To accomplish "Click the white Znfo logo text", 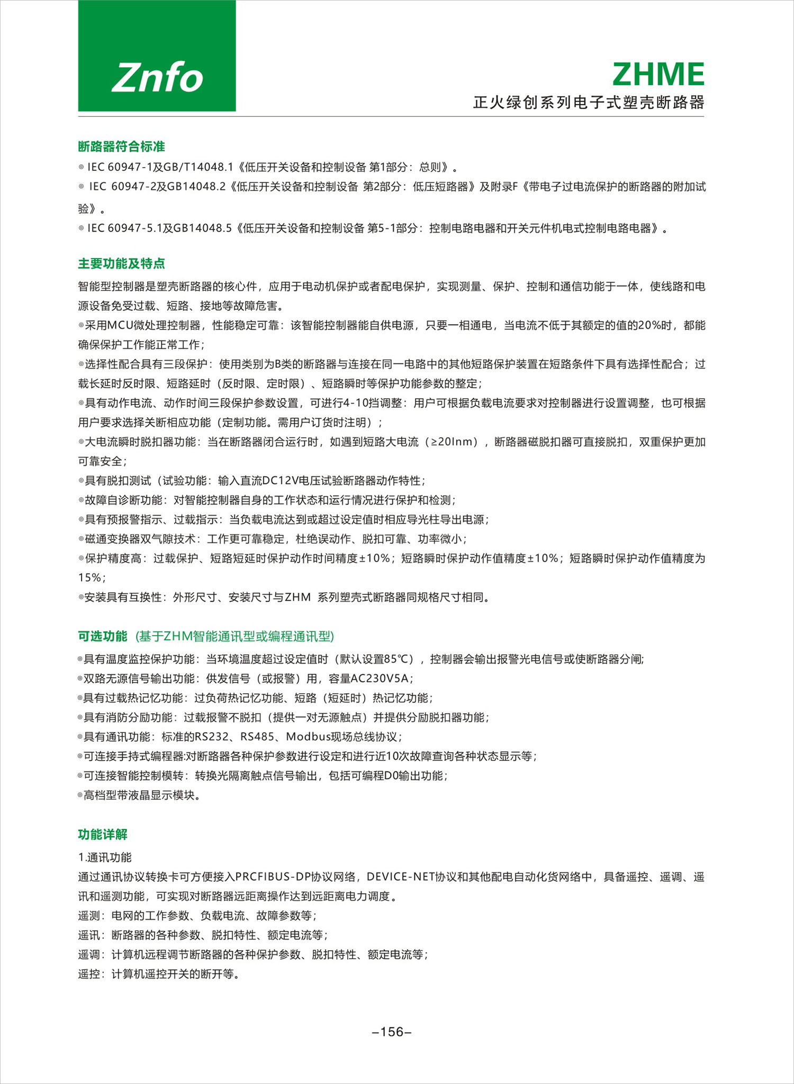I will (157, 77).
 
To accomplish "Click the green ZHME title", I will (658, 74).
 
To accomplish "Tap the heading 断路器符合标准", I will (121, 146).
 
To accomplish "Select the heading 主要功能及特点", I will (121, 263).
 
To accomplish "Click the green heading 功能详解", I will (103, 834).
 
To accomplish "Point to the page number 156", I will (392, 1032).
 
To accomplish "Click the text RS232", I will (211, 737).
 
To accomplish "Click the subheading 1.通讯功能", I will (105, 857).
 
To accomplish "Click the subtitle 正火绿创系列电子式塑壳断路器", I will (589, 102).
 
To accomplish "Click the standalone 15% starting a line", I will (89, 577).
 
